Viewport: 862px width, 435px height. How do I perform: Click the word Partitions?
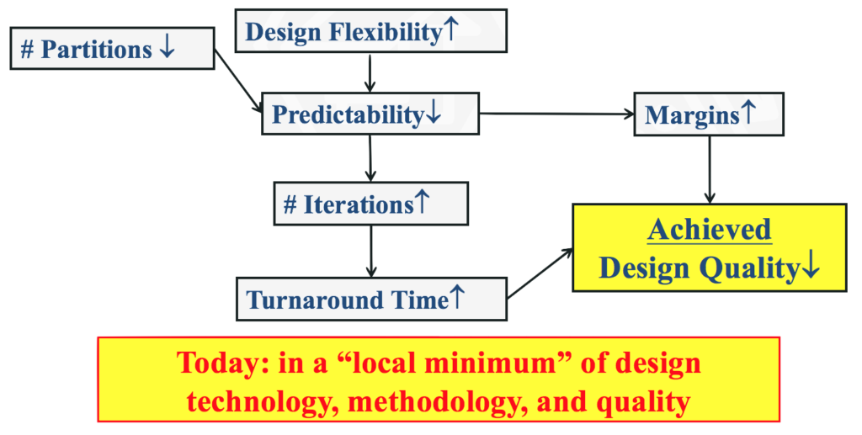pos(96,50)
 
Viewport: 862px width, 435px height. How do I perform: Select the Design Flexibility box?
pos(371,31)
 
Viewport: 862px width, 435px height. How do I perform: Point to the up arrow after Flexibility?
pos(450,29)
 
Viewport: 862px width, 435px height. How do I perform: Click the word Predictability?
pos(348,114)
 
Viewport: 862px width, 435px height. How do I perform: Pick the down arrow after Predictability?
pos(434,113)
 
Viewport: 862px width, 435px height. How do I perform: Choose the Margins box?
pos(709,114)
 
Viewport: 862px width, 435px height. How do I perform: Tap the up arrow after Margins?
pos(748,113)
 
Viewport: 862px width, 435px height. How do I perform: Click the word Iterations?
pos(359,204)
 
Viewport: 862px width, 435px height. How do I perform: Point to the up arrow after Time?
pos(456,297)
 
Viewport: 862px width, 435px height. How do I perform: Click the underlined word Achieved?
pos(709,230)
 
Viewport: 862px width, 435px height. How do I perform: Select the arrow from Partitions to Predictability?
pos(238,82)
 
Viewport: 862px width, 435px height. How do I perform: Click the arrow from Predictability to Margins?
pos(556,114)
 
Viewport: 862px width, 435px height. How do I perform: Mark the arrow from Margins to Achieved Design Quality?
pos(709,170)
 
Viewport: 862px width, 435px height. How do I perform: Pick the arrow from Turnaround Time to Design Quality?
pos(540,273)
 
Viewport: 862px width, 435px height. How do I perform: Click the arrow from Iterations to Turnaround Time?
pos(371,251)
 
